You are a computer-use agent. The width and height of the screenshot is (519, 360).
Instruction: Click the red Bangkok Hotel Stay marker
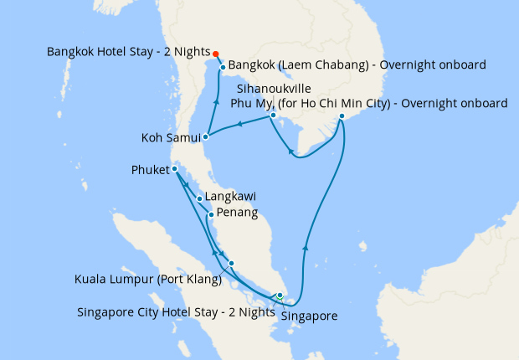[x=215, y=51]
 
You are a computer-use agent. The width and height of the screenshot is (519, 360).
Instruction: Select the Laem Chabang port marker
[x=222, y=65]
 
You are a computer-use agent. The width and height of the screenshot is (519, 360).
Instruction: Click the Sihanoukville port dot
[x=273, y=115]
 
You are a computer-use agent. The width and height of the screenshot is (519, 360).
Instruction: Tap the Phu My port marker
[x=342, y=127]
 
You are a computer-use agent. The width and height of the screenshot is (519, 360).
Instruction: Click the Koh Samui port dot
[x=206, y=136]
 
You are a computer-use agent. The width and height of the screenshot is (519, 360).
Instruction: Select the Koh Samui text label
[x=170, y=136]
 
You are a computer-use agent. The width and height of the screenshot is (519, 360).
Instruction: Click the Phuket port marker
[x=174, y=170]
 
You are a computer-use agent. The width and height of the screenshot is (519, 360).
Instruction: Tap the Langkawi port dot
[x=199, y=198]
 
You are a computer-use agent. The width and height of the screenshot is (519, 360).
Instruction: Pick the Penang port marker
[x=210, y=214]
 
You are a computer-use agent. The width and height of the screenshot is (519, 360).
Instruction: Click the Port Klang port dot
[x=232, y=264]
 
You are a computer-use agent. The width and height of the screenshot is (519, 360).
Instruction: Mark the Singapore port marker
[x=280, y=296]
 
